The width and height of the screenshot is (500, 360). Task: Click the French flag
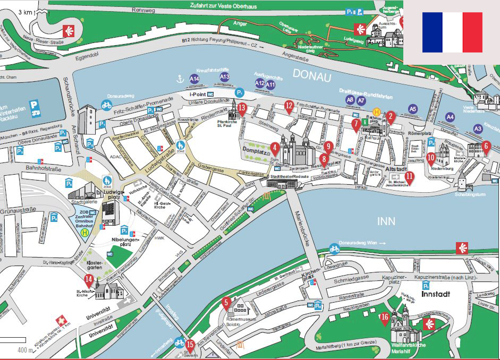452,32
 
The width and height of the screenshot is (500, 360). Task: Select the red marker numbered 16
385,318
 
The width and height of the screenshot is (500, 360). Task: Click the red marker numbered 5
226,304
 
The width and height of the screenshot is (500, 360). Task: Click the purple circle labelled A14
194,79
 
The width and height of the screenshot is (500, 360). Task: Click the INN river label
386,220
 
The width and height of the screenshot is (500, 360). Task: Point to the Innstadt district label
436,293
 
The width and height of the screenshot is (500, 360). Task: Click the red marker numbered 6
486,146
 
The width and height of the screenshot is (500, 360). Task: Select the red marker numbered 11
409,177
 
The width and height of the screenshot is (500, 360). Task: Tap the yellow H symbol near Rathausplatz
376,112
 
